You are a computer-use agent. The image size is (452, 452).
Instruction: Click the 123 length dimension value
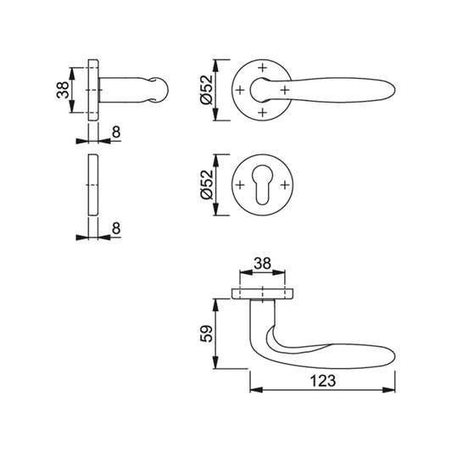[323, 381]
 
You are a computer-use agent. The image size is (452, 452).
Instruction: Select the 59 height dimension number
[206, 334]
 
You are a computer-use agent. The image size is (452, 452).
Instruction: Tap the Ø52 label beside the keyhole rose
[207, 185]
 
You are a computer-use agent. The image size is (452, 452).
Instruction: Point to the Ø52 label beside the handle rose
[207, 90]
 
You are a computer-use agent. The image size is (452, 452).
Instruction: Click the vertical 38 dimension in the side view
[63, 90]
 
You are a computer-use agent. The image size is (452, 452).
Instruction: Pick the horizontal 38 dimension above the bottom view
[262, 264]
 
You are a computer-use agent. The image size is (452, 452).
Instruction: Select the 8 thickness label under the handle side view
[116, 132]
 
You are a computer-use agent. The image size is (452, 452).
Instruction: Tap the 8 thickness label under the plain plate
[116, 228]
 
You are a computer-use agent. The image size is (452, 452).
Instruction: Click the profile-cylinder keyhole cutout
[262, 184]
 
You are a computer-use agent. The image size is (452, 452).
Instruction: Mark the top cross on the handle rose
[262, 68]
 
